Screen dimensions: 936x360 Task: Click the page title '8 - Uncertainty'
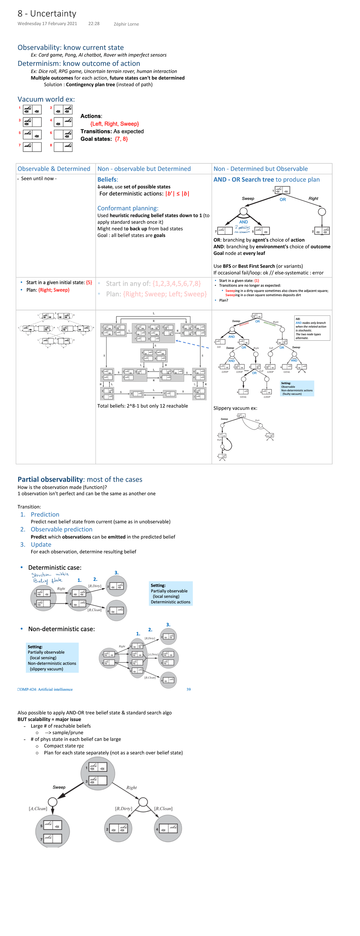click(x=47, y=14)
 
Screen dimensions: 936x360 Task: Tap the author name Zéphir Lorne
click(x=126, y=24)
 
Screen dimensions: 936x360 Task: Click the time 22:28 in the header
click(x=94, y=24)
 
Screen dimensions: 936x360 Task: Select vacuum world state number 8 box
click(x=63, y=147)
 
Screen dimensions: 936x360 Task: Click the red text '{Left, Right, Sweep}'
click(x=114, y=124)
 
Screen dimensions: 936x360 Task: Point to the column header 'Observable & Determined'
click(x=54, y=169)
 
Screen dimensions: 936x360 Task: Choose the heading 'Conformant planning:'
click(x=127, y=208)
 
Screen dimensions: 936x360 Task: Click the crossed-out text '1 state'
click(x=105, y=187)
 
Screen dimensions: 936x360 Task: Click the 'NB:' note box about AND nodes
click(x=312, y=328)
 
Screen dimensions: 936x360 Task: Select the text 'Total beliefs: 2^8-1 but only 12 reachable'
click(x=142, y=406)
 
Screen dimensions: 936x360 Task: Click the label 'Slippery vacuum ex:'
click(x=235, y=408)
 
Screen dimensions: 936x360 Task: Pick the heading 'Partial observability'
click(x=50, y=480)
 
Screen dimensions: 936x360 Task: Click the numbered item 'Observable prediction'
click(x=61, y=530)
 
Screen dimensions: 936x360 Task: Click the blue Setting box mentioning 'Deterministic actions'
click(x=170, y=593)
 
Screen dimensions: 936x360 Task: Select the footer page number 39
click(x=188, y=689)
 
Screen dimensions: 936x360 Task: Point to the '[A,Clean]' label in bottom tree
click(x=38, y=809)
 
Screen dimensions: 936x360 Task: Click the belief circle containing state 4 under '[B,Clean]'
click(x=168, y=829)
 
